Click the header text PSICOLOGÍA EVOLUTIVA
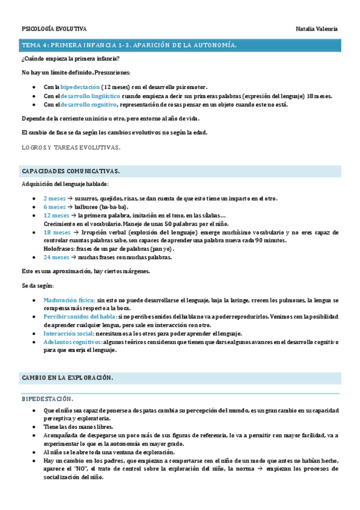tap(54, 29)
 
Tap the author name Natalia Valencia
tap(317, 29)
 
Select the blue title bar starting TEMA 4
tap(180, 45)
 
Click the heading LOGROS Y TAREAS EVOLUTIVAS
tap(71, 147)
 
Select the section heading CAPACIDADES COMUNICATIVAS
tap(70, 171)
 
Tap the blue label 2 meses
tap(55, 197)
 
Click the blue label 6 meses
tap(55, 206)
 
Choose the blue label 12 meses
tap(56, 215)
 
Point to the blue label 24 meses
tap(56, 257)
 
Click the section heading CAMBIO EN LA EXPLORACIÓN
tap(67, 378)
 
